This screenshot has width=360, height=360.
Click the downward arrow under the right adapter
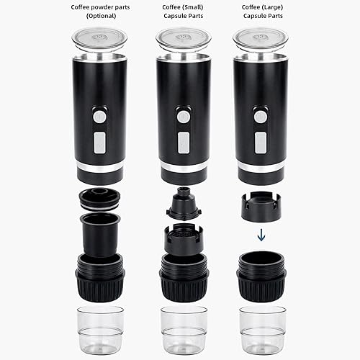(261, 235)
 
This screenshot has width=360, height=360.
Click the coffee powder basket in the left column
(100, 234)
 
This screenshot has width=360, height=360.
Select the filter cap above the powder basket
(100, 198)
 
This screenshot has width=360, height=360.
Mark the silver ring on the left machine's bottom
(100, 168)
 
